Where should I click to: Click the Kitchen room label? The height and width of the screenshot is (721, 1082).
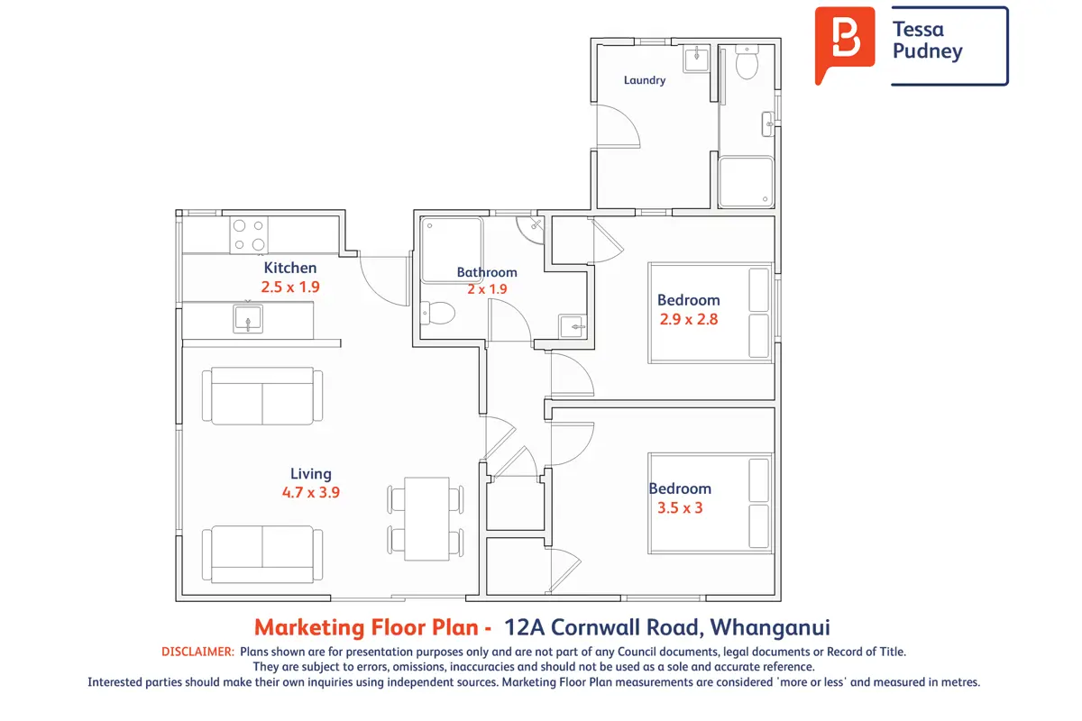[289, 268]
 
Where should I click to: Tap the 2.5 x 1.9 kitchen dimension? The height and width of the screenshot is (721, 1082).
[290, 287]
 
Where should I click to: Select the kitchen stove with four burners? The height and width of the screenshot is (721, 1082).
[249, 235]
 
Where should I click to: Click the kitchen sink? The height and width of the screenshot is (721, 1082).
[248, 319]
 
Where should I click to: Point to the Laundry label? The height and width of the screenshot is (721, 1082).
[645, 80]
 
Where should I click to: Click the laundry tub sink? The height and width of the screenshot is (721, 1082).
[696, 59]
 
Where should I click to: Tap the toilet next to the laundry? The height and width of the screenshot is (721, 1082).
[747, 62]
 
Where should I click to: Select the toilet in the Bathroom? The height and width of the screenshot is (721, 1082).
[437, 313]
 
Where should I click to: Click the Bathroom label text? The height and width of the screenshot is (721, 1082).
[487, 272]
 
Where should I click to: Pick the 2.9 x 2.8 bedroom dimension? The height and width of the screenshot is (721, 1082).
[689, 319]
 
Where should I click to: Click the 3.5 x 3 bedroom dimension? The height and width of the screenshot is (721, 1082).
[680, 507]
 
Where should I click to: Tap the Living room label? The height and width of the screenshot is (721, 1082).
[310, 474]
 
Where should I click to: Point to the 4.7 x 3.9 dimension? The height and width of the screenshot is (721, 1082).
[310, 493]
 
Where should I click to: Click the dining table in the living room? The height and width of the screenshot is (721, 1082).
[427, 518]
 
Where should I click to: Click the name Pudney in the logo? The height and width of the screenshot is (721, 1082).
[928, 51]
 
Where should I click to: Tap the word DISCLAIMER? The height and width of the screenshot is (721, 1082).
[197, 652]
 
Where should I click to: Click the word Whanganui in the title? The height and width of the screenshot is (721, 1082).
[770, 628]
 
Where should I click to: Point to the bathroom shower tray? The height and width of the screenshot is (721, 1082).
[452, 250]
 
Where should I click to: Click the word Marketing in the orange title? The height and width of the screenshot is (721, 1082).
[309, 628]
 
